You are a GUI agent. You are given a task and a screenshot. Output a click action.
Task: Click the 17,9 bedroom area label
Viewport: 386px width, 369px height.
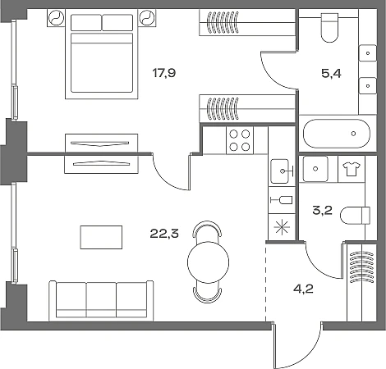pos(164,73)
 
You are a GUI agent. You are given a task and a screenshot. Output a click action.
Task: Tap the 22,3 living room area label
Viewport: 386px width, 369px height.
pos(164,234)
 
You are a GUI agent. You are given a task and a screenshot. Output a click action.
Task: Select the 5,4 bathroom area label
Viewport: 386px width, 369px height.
pos(331,74)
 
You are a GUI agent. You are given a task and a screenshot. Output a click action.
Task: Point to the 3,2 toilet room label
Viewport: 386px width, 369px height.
pos(323,210)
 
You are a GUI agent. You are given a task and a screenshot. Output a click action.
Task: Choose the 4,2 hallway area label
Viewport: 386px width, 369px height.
pos(303,289)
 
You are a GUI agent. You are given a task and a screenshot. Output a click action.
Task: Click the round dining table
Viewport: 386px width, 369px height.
pos(208,262)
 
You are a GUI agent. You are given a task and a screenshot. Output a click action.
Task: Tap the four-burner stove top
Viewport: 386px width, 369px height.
pos(240,140)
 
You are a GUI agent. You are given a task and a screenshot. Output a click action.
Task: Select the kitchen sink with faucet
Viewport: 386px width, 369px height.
pos(282,171)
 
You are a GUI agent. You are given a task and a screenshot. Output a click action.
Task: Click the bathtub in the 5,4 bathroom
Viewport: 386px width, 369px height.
pos(337,134)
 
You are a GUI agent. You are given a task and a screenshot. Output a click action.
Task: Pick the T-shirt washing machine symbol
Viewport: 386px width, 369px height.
pos(352,169)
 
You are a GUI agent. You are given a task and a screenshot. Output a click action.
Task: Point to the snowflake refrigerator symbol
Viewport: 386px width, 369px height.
pos(282,227)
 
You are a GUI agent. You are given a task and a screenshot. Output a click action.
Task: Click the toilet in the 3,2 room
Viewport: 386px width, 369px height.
pos(356,216)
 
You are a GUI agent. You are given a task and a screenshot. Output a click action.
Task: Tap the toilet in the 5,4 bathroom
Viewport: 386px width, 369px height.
pos(330,27)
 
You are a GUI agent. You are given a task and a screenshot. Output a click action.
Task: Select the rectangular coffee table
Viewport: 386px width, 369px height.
pos(101,237)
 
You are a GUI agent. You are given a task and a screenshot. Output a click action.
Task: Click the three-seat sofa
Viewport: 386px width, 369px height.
pos(101,301)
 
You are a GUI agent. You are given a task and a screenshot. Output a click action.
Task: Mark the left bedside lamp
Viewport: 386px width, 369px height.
pos(56,18)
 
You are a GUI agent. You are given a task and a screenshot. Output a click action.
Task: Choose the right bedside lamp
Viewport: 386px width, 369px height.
pos(147,18)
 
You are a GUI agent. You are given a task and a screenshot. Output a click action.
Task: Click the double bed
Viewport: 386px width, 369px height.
pos(102,54)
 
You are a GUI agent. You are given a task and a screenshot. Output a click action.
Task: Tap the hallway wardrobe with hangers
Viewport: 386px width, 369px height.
pos(361,282)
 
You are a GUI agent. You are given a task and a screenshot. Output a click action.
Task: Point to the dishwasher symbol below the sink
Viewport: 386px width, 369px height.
pos(282,200)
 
